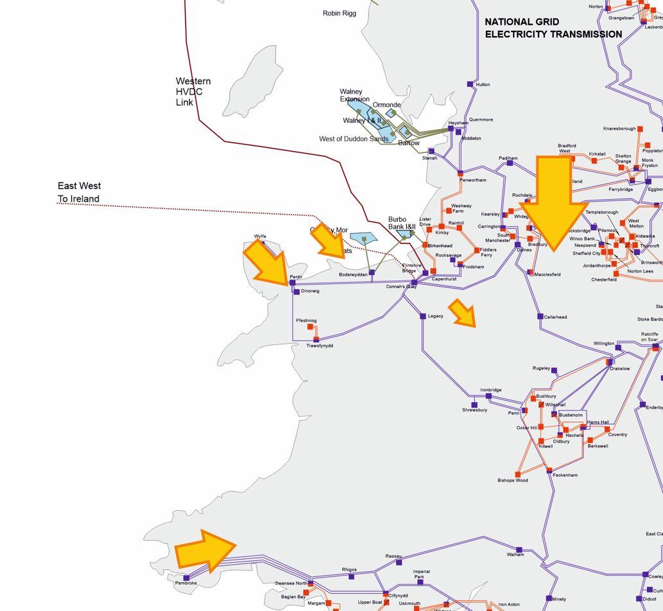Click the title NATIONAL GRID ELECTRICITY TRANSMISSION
[553, 28]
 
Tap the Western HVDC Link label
[193, 92]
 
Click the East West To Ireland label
[79, 192]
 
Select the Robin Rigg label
[340, 13]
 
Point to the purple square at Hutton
[470, 84]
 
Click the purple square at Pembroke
[186, 578]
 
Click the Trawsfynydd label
[320, 346]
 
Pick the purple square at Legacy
[422, 316]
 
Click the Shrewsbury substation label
[475, 410]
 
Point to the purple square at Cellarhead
[540, 316]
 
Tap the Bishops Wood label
[513, 481]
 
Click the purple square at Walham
[519, 550]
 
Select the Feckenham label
[565, 475]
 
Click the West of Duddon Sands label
[354, 139]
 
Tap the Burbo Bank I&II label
[402, 223]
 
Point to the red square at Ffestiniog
[310, 327]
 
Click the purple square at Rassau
[399, 562]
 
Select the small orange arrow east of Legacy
[463, 312]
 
